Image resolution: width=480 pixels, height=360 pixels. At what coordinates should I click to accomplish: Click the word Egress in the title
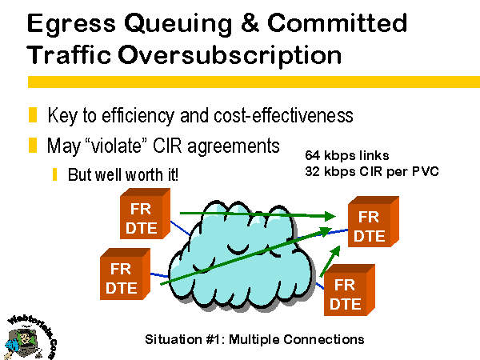tap(72, 24)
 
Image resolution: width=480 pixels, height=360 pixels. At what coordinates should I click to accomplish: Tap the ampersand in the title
tap(250, 22)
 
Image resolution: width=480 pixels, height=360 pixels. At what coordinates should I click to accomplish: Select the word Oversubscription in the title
tap(230, 55)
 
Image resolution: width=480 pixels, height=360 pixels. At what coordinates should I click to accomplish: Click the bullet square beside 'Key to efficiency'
tap(33, 114)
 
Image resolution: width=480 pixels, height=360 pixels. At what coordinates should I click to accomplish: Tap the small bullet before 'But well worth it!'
tap(54, 174)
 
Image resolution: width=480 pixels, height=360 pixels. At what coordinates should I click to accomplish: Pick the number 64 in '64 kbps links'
tap(312, 155)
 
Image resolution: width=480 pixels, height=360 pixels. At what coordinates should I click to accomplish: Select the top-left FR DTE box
tap(145, 214)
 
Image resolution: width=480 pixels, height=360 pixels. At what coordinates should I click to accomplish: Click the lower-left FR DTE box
tap(125, 274)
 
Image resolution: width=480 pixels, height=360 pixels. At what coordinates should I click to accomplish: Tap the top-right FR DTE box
tap(374, 222)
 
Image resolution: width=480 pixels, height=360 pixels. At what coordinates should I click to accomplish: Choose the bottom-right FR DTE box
tap(350, 290)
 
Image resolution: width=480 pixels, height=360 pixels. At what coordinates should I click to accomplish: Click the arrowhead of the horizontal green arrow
tap(330, 216)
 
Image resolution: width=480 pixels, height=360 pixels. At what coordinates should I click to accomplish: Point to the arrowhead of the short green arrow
tap(335, 251)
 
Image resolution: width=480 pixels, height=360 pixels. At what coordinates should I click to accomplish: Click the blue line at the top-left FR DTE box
tap(180, 228)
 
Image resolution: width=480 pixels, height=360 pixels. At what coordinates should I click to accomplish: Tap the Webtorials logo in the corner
tap(30, 338)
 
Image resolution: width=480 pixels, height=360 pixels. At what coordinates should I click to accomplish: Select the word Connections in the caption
tap(323, 339)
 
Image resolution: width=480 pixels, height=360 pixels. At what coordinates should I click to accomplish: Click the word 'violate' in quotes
tap(117, 146)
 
